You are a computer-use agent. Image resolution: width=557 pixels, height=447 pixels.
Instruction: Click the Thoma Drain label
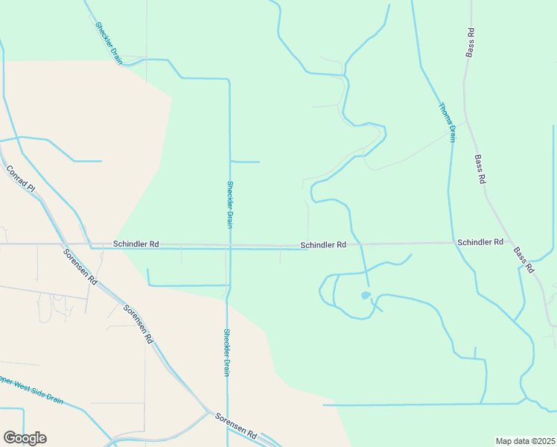click(447, 121)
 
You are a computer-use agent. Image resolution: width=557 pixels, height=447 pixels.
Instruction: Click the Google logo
click(25, 438)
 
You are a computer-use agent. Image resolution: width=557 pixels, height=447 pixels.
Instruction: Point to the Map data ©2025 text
click(525, 441)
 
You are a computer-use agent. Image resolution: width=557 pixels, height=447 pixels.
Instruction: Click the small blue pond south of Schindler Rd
click(365, 296)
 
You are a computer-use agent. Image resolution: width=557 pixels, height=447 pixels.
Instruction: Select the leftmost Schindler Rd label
click(136, 244)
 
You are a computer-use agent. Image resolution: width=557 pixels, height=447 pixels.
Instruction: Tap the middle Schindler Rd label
click(323, 244)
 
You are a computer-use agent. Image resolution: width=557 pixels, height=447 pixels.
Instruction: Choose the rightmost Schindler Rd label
click(480, 242)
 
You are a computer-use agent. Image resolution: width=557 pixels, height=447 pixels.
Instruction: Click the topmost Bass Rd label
click(470, 42)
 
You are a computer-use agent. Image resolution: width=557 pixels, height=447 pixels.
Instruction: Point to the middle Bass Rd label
click(480, 169)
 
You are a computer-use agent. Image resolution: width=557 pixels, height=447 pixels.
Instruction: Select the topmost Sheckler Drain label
click(108, 42)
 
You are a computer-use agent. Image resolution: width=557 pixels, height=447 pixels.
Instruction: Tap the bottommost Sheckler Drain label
click(226, 352)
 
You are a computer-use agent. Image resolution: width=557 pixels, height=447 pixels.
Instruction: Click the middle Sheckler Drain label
click(230, 204)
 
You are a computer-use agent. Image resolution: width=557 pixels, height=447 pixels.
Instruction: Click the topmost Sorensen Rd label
click(80, 266)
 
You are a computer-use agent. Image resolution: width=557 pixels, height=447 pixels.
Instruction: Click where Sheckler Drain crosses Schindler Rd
click(229, 245)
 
